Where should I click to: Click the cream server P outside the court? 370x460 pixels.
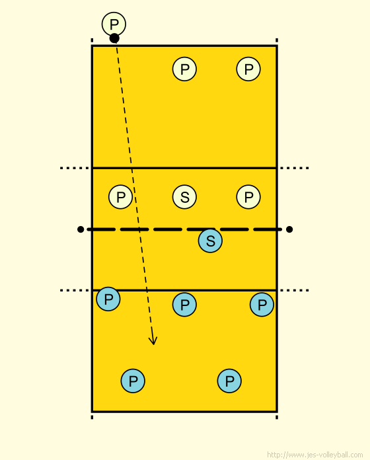[114, 24]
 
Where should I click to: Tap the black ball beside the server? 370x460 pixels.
[114, 38]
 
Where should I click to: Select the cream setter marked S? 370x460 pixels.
[184, 197]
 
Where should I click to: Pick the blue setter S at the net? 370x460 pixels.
[210, 241]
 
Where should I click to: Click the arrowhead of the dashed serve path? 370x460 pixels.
[153, 341]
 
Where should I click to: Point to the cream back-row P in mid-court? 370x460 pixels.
[184, 69]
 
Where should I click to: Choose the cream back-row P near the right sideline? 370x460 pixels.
[248, 69]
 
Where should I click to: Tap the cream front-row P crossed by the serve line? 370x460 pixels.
[120, 197]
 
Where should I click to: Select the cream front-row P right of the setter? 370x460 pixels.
[248, 197]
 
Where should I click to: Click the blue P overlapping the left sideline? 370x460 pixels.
[108, 299]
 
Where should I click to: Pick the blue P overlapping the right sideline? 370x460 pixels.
[262, 305]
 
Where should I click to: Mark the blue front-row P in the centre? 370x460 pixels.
[184, 305]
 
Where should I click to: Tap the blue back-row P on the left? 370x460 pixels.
[133, 381]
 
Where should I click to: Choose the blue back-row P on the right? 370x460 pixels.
[229, 381]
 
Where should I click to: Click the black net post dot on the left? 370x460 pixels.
[81, 229]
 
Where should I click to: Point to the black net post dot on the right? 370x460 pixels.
[289, 229]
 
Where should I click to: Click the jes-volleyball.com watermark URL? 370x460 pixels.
[315, 455]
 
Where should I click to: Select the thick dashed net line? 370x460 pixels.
[184, 229]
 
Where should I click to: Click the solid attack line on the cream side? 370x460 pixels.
[184, 168]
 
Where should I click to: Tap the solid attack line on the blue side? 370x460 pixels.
[184, 290]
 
